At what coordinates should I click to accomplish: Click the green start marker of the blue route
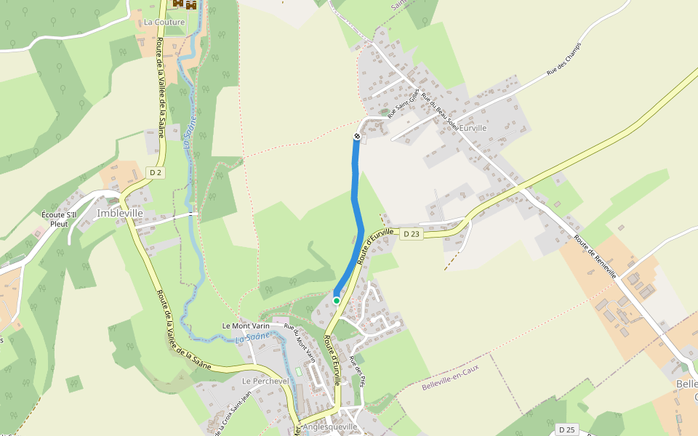[337, 300]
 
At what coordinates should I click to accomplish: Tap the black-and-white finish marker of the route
[357, 136]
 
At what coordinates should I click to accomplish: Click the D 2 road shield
[155, 172]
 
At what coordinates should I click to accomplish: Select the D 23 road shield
[412, 233]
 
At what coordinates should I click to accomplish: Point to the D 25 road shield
[568, 430]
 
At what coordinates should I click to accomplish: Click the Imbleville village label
[118, 214]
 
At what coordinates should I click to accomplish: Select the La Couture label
[164, 22]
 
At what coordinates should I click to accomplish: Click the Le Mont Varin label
[246, 326]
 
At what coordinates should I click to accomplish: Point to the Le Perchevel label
[265, 381]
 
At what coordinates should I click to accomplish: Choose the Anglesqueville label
[331, 427]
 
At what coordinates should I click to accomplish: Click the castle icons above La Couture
[185, 4]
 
